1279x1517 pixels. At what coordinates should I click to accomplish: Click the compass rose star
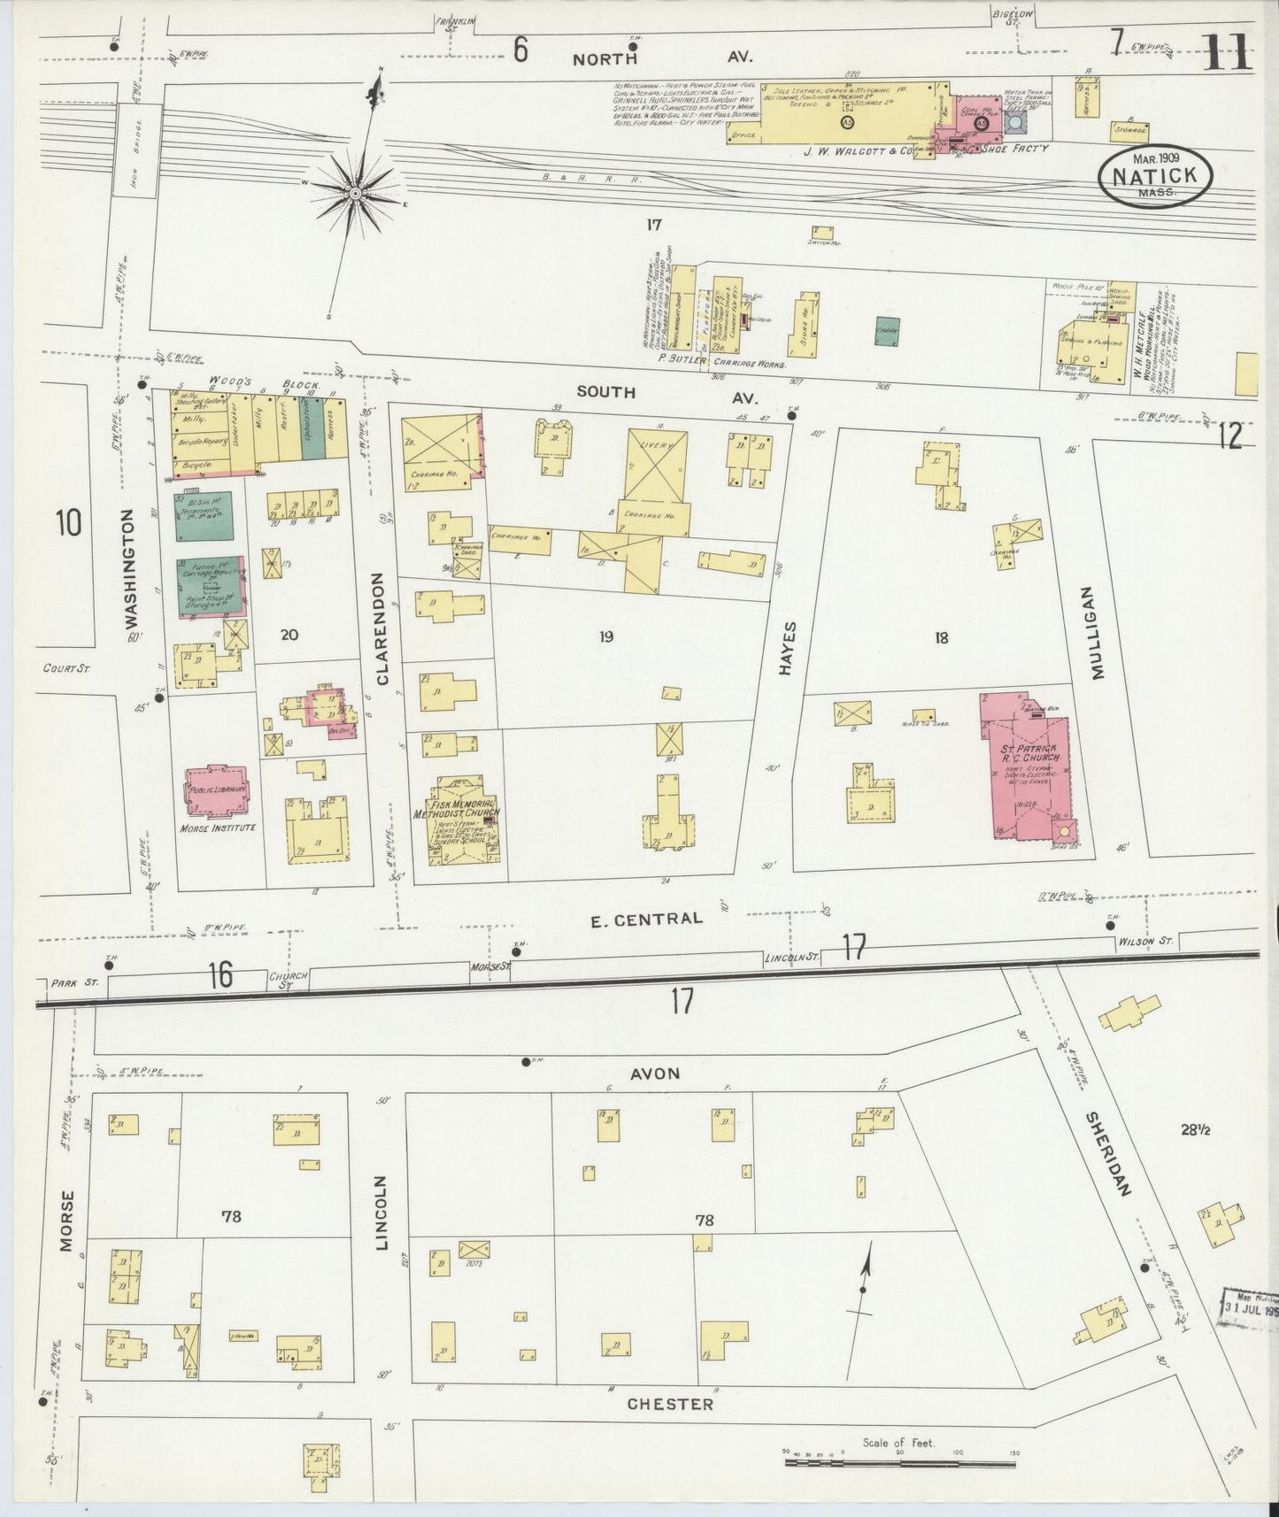[x=354, y=193]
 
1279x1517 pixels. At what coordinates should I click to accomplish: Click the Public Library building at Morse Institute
[x=217, y=789]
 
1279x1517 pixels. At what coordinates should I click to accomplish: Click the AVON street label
[x=655, y=1074]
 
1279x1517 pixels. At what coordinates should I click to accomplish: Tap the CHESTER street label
[x=670, y=1404]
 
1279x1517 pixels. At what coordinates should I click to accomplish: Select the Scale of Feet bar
[x=901, y=1462]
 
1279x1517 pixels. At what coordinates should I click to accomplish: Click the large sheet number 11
[x=1228, y=53]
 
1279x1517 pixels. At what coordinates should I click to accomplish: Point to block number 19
[x=605, y=635]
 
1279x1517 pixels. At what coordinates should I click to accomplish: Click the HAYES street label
[x=788, y=649]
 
